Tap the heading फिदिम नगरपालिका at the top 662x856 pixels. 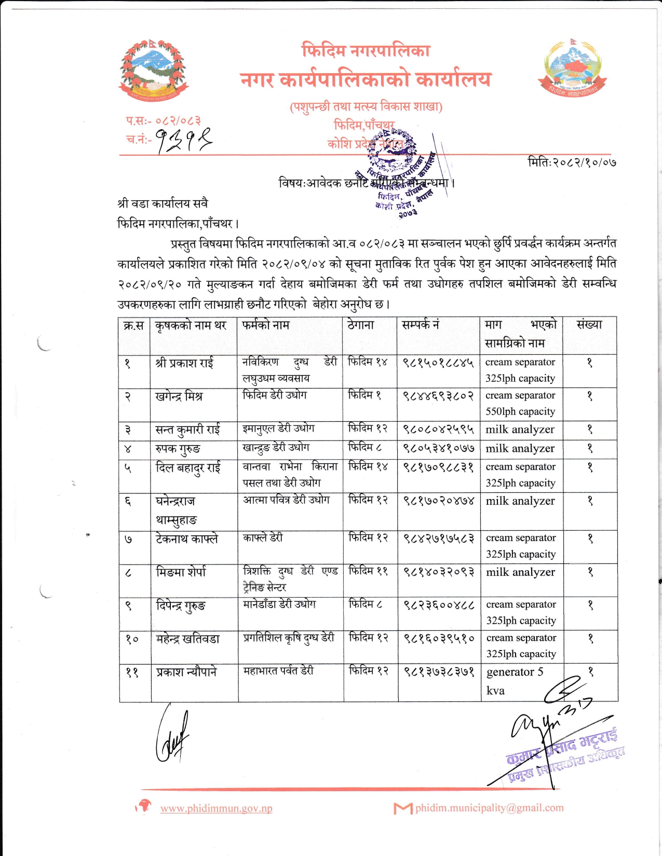point(366,50)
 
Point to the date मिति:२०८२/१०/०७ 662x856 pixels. point(572,162)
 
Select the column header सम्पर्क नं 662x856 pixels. point(421,325)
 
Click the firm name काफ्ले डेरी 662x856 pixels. point(263,538)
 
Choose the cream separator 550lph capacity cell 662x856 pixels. point(520,403)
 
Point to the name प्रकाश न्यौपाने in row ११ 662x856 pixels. point(186,672)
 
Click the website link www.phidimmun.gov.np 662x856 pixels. point(216,808)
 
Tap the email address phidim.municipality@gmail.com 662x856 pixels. point(489,808)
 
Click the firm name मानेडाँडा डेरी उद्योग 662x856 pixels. point(279,604)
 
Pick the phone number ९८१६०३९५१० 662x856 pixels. point(439,638)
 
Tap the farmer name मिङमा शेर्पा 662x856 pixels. point(181,572)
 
